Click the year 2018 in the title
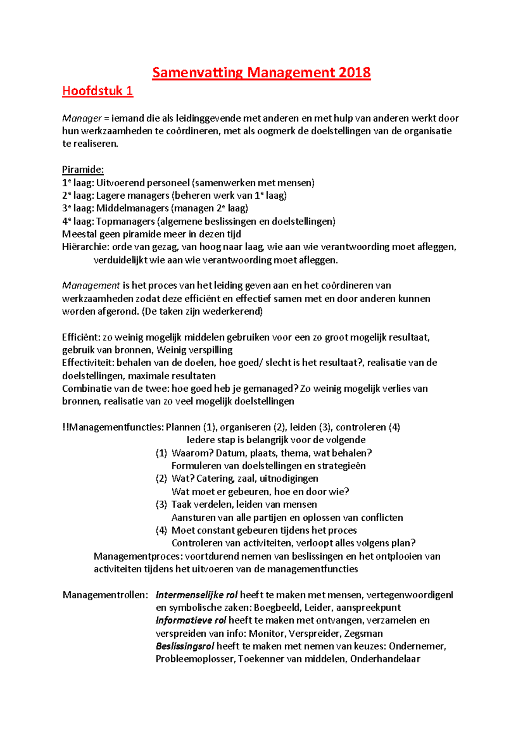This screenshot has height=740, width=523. [x=353, y=72]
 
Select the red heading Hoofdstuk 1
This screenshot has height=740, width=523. [x=98, y=91]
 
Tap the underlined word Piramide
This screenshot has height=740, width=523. [x=83, y=170]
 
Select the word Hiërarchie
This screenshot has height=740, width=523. [x=85, y=247]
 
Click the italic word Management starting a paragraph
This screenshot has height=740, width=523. [x=91, y=286]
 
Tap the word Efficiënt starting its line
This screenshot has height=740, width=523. [x=81, y=337]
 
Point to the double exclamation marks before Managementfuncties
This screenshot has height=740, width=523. [x=65, y=427]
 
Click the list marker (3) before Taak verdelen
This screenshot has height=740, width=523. [x=161, y=505]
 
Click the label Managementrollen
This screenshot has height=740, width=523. [x=105, y=595]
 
